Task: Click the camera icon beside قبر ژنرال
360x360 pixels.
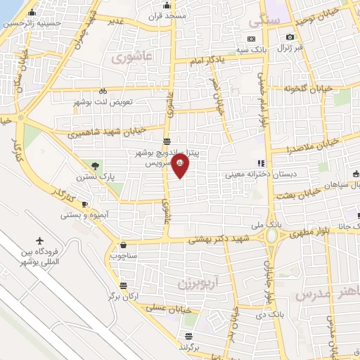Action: point(290,37)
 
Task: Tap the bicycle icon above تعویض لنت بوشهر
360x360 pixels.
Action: point(103,91)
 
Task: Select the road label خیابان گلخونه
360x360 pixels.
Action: point(307,89)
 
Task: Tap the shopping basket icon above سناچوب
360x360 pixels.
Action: point(124,246)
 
